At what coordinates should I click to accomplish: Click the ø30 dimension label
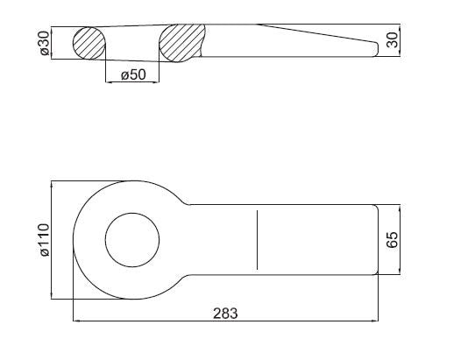[x=45, y=43]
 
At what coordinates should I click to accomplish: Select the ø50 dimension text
[x=133, y=74]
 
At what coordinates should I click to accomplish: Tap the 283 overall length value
[x=225, y=314]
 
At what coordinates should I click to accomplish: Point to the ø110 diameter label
[x=45, y=240]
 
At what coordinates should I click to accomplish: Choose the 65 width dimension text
[x=393, y=239]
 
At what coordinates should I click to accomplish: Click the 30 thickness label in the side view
[x=393, y=40]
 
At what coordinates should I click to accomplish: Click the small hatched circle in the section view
[x=89, y=43]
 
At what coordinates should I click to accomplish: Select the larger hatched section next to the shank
[x=182, y=43]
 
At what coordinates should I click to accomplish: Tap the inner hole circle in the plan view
[x=132, y=213]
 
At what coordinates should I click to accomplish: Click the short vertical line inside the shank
[x=257, y=240]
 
